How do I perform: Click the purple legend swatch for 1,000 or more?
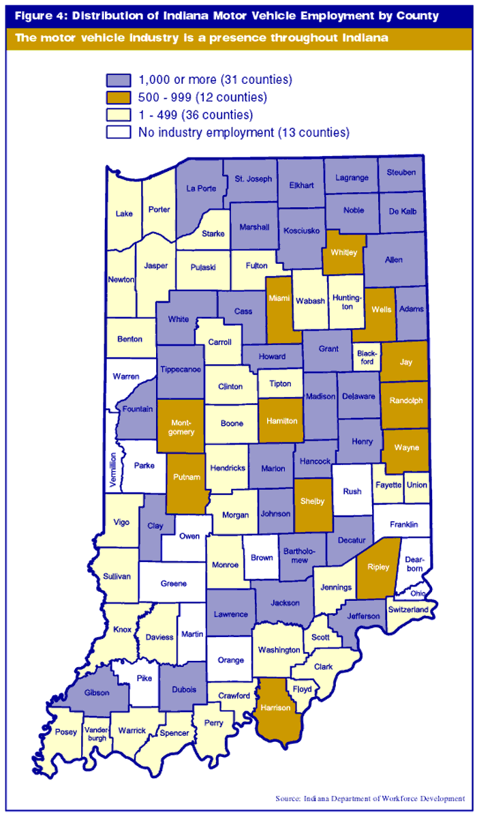click(x=119, y=80)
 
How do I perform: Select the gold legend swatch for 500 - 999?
click(x=119, y=98)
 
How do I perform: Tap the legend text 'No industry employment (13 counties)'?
click(x=244, y=132)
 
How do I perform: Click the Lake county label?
click(x=124, y=213)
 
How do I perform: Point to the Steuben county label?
click(x=401, y=173)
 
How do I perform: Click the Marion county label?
click(x=273, y=469)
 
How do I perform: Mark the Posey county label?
click(x=66, y=733)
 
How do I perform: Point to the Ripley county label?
click(x=376, y=565)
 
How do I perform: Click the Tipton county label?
click(x=280, y=383)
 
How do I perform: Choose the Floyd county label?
click(x=302, y=689)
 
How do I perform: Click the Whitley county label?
click(x=343, y=252)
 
